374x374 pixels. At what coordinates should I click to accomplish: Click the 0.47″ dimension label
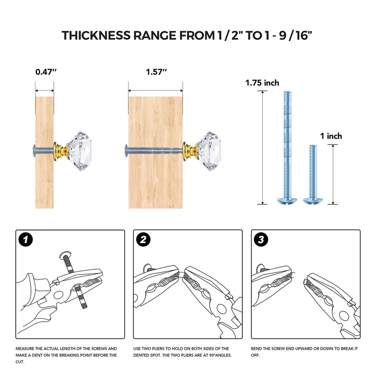click(46, 72)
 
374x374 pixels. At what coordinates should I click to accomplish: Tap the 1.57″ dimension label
click(156, 72)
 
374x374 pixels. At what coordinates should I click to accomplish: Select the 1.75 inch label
click(262, 83)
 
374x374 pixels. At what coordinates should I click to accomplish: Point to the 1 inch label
click(331, 136)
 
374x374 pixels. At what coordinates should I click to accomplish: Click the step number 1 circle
click(26, 239)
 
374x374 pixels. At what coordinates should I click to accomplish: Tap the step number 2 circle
click(143, 239)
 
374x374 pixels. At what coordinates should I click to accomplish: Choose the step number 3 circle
click(261, 239)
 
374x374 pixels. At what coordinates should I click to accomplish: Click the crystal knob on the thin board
click(79, 151)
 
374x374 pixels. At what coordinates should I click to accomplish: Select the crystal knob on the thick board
click(209, 151)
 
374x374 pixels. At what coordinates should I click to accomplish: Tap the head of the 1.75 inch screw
click(287, 201)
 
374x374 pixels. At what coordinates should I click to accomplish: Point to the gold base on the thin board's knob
click(61, 151)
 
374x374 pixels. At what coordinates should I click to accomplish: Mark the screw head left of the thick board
click(126, 151)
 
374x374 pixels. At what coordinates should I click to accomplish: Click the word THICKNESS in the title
click(96, 36)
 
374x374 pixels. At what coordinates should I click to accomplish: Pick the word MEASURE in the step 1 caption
click(24, 348)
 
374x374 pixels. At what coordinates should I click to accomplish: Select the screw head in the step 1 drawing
click(65, 255)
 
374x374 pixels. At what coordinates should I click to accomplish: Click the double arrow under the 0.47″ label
click(44, 91)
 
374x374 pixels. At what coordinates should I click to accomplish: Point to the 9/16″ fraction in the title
click(295, 36)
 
